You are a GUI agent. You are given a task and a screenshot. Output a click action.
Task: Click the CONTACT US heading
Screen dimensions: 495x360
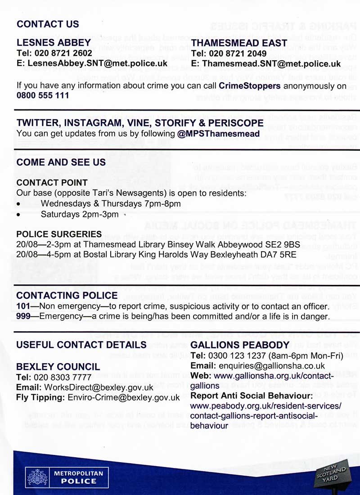pos(48,24)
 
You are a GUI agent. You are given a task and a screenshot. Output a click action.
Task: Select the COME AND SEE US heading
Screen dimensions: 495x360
pos(61,162)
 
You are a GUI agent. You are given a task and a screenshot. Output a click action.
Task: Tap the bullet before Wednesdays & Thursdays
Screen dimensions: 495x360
pos(18,204)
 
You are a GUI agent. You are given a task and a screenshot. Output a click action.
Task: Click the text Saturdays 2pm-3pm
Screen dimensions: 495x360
pos(80,214)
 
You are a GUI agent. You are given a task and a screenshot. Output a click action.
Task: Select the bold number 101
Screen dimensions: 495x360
pos(22,307)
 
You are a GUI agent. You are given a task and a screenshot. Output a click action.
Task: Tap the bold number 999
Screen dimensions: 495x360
pos(22,317)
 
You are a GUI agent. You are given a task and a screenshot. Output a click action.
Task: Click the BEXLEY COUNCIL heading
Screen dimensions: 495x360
pos(58,366)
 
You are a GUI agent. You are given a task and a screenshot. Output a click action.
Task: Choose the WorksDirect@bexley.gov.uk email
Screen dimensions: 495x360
pos(99,387)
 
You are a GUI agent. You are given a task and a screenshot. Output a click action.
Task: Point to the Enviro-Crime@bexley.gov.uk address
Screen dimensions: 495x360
pos(123,397)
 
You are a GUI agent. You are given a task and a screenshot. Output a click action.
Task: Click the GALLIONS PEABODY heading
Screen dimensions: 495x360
pos(240,345)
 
